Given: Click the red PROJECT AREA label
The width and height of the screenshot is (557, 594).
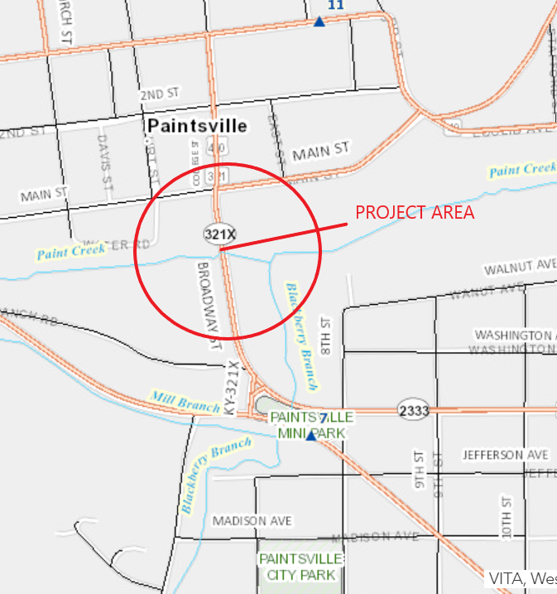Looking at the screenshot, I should [x=415, y=212].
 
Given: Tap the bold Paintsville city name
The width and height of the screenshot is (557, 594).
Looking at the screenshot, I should [x=197, y=126].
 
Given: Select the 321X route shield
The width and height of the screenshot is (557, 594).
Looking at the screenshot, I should [x=214, y=234].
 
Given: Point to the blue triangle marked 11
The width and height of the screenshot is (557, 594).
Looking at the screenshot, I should [x=319, y=21].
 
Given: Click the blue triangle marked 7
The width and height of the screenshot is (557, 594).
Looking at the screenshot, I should [x=311, y=434].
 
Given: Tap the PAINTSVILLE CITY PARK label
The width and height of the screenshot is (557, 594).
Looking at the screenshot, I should [x=297, y=567].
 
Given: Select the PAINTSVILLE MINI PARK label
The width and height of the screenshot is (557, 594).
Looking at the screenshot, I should [x=311, y=424].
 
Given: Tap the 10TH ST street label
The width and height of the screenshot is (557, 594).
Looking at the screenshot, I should [x=506, y=518].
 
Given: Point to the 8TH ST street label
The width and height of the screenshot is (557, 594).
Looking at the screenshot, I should [x=326, y=335].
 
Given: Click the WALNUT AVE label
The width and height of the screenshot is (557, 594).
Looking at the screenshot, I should [x=519, y=266].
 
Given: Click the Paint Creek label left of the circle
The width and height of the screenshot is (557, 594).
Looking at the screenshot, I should [x=70, y=251].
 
